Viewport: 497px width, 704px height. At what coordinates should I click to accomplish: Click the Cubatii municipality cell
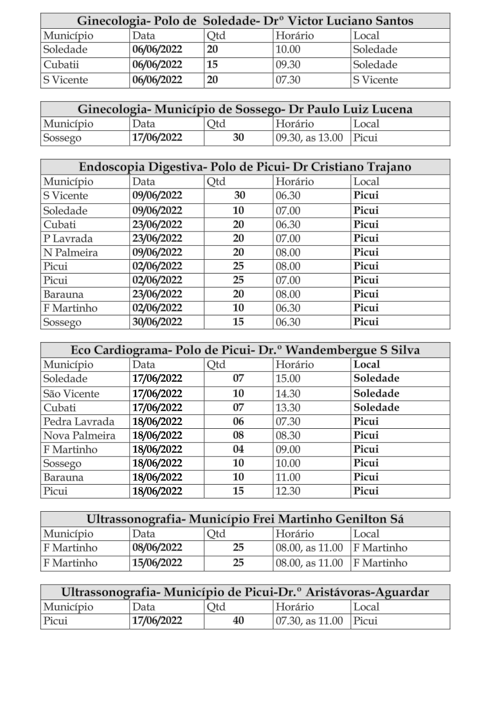click(62, 65)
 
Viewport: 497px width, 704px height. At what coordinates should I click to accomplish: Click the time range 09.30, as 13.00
click(309, 138)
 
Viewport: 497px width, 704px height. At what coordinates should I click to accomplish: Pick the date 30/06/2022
click(157, 322)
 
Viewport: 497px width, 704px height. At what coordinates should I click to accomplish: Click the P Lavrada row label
click(68, 239)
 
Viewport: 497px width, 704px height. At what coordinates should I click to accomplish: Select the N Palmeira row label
click(71, 253)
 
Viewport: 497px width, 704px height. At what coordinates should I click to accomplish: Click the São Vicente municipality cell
click(71, 394)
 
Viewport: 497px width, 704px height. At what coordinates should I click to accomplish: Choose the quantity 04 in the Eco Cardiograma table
click(238, 449)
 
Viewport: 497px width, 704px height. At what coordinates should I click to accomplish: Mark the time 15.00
click(287, 379)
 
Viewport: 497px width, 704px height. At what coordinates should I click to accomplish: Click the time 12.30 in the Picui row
click(288, 491)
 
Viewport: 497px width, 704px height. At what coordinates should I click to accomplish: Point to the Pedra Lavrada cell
click(79, 422)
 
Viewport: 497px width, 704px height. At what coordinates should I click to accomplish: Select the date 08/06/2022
click(157, 548)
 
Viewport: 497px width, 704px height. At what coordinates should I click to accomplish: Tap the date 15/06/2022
click(157, 563)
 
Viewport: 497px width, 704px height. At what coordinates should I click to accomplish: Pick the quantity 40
click(238, 621)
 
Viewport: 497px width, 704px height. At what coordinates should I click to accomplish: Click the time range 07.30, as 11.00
click(309, 621)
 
